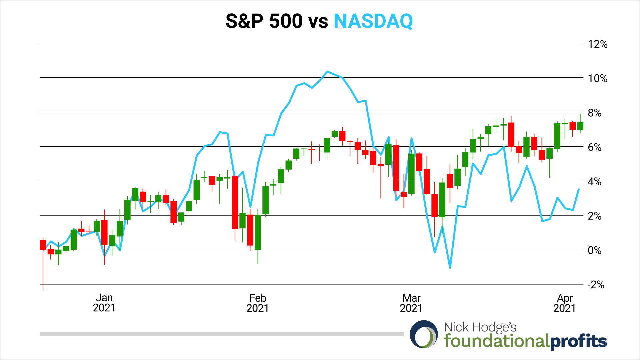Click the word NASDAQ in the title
[x=373, y=21]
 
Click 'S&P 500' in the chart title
[x=264, y=21]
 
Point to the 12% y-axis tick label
[x=597, y=44]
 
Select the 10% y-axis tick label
[x=597, y=79]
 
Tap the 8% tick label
[x=594, y=113]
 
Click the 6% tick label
[x=594, y=148]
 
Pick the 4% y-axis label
[x=594, y=182]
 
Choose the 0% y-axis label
[x=594, y=251]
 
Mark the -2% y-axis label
[x=596, y=285]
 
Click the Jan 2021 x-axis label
[x=104, y=303]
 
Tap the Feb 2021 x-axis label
[x=258, y=303]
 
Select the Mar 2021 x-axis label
[x=411, y=303]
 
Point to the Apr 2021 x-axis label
[x=564, y=303]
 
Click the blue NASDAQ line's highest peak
[x=327, y=72]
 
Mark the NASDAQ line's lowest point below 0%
[x=450, y=267]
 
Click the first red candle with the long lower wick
[x=43, y=245]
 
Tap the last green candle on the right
[x=580, y=126]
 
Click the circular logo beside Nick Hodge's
[x=424, y=334]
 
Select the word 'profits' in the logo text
[x=578, y=341]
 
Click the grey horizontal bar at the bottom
[x=222, y=334]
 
